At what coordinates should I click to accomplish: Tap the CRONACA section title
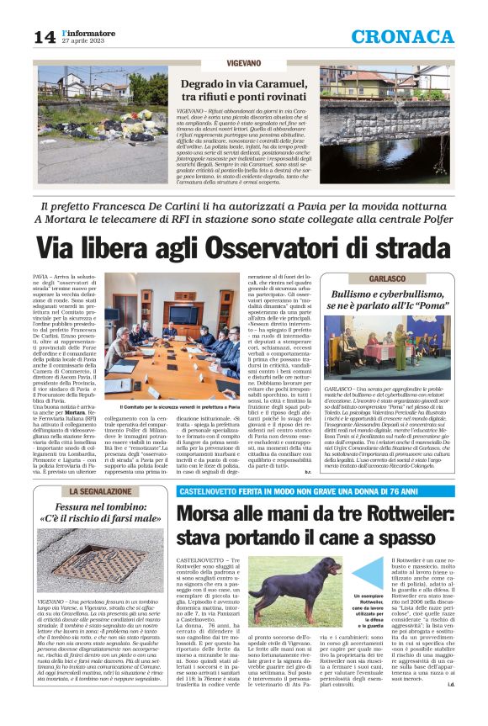[x=414, y=36]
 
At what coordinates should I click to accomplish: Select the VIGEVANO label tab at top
[x=243, y=64]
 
